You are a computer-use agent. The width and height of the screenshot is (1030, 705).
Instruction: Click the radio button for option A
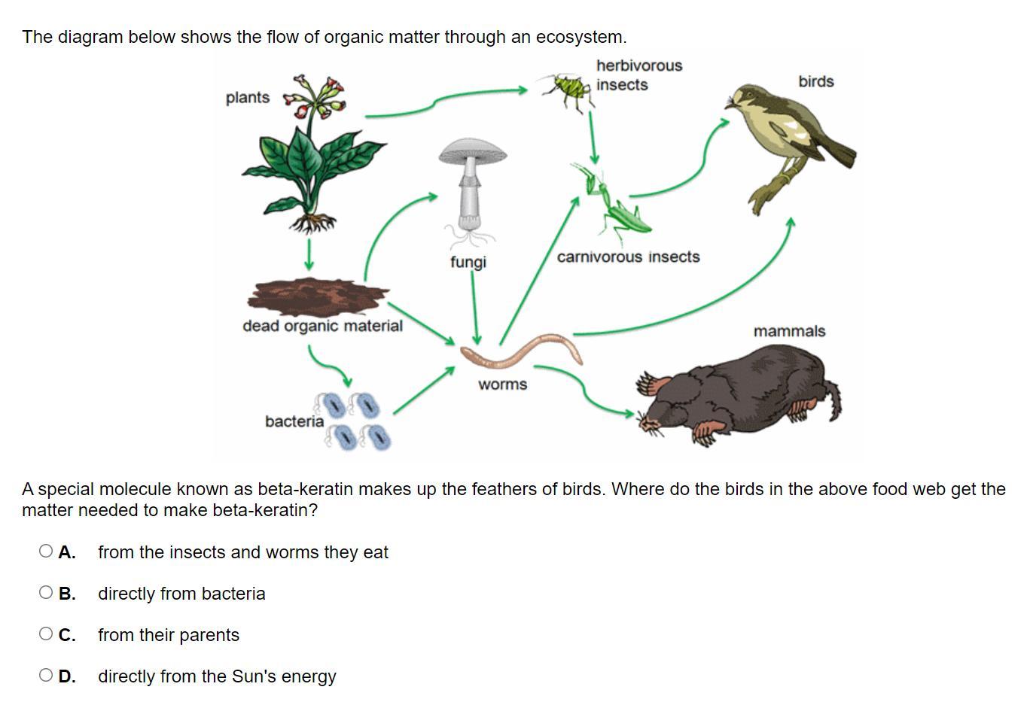46,552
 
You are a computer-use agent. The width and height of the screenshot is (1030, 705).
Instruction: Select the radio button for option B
46,593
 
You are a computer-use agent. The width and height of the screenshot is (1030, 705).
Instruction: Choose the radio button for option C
46,634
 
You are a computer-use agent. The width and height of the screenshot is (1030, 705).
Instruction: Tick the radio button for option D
46,676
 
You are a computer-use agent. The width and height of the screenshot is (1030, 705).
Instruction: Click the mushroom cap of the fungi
473,151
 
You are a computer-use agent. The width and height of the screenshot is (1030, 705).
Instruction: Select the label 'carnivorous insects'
628,257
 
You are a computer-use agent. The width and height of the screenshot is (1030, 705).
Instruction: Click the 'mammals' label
789,331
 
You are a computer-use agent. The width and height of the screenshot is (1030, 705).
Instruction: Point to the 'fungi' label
468,262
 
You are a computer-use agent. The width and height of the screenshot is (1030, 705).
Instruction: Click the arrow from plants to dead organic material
309,255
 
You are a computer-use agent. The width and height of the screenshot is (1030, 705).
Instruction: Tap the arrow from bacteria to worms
423,390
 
